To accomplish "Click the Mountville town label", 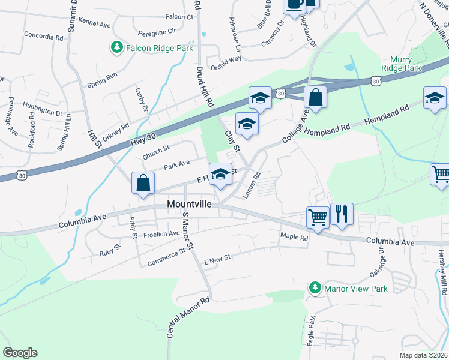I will [188, 205].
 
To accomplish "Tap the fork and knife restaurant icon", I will [342, 214].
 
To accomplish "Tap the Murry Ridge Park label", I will [406, 64].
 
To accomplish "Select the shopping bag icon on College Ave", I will [315, 97].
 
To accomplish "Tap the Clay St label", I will [232, 140].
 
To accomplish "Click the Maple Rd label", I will [294, 238].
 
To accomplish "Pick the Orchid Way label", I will [226, 59].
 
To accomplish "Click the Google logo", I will [20, 353].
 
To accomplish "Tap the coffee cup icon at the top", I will [294, 5].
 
